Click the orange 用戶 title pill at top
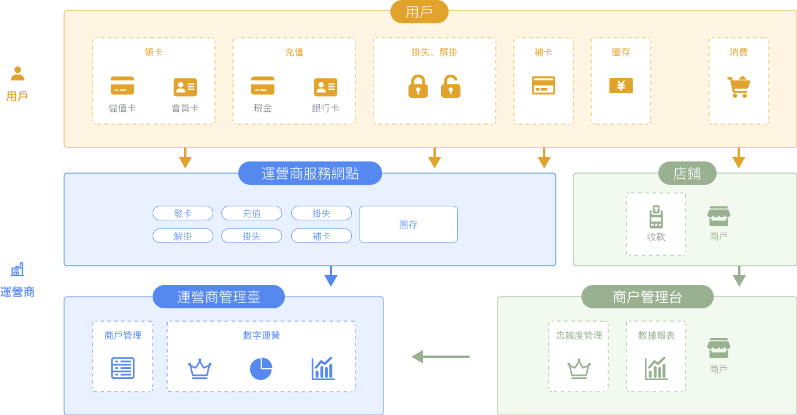419,12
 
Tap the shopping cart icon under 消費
738,87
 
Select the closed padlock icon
418,86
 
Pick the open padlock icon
450,86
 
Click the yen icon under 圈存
620,86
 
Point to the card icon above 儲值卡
122,86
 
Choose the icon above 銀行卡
325,87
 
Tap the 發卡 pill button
183,213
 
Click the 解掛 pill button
183,236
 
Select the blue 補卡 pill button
321,236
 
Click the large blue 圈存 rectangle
408,224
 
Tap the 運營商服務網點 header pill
310,173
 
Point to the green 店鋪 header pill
687,173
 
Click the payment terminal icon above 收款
656,217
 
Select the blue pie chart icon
261,368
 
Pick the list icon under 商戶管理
122,368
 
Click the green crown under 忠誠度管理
579,369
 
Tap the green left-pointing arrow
440,357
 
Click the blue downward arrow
331,276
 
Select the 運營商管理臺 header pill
218,297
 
